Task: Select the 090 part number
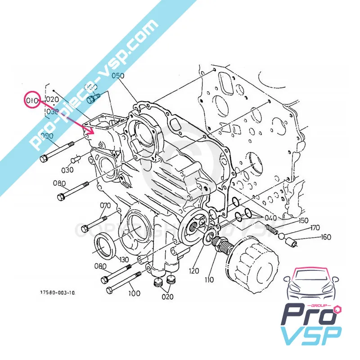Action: click(47, 135)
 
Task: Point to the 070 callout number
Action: click(105, 206)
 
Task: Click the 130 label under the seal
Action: click(124, 260)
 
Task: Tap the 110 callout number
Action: click(209, 280)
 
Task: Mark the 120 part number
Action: click(193, 272)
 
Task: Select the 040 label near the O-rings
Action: click(270, 218)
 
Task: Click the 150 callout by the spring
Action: click(303, 220)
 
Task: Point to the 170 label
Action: click(315, 228)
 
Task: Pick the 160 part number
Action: click(326, 237)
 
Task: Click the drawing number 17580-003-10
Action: click(57, 292)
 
